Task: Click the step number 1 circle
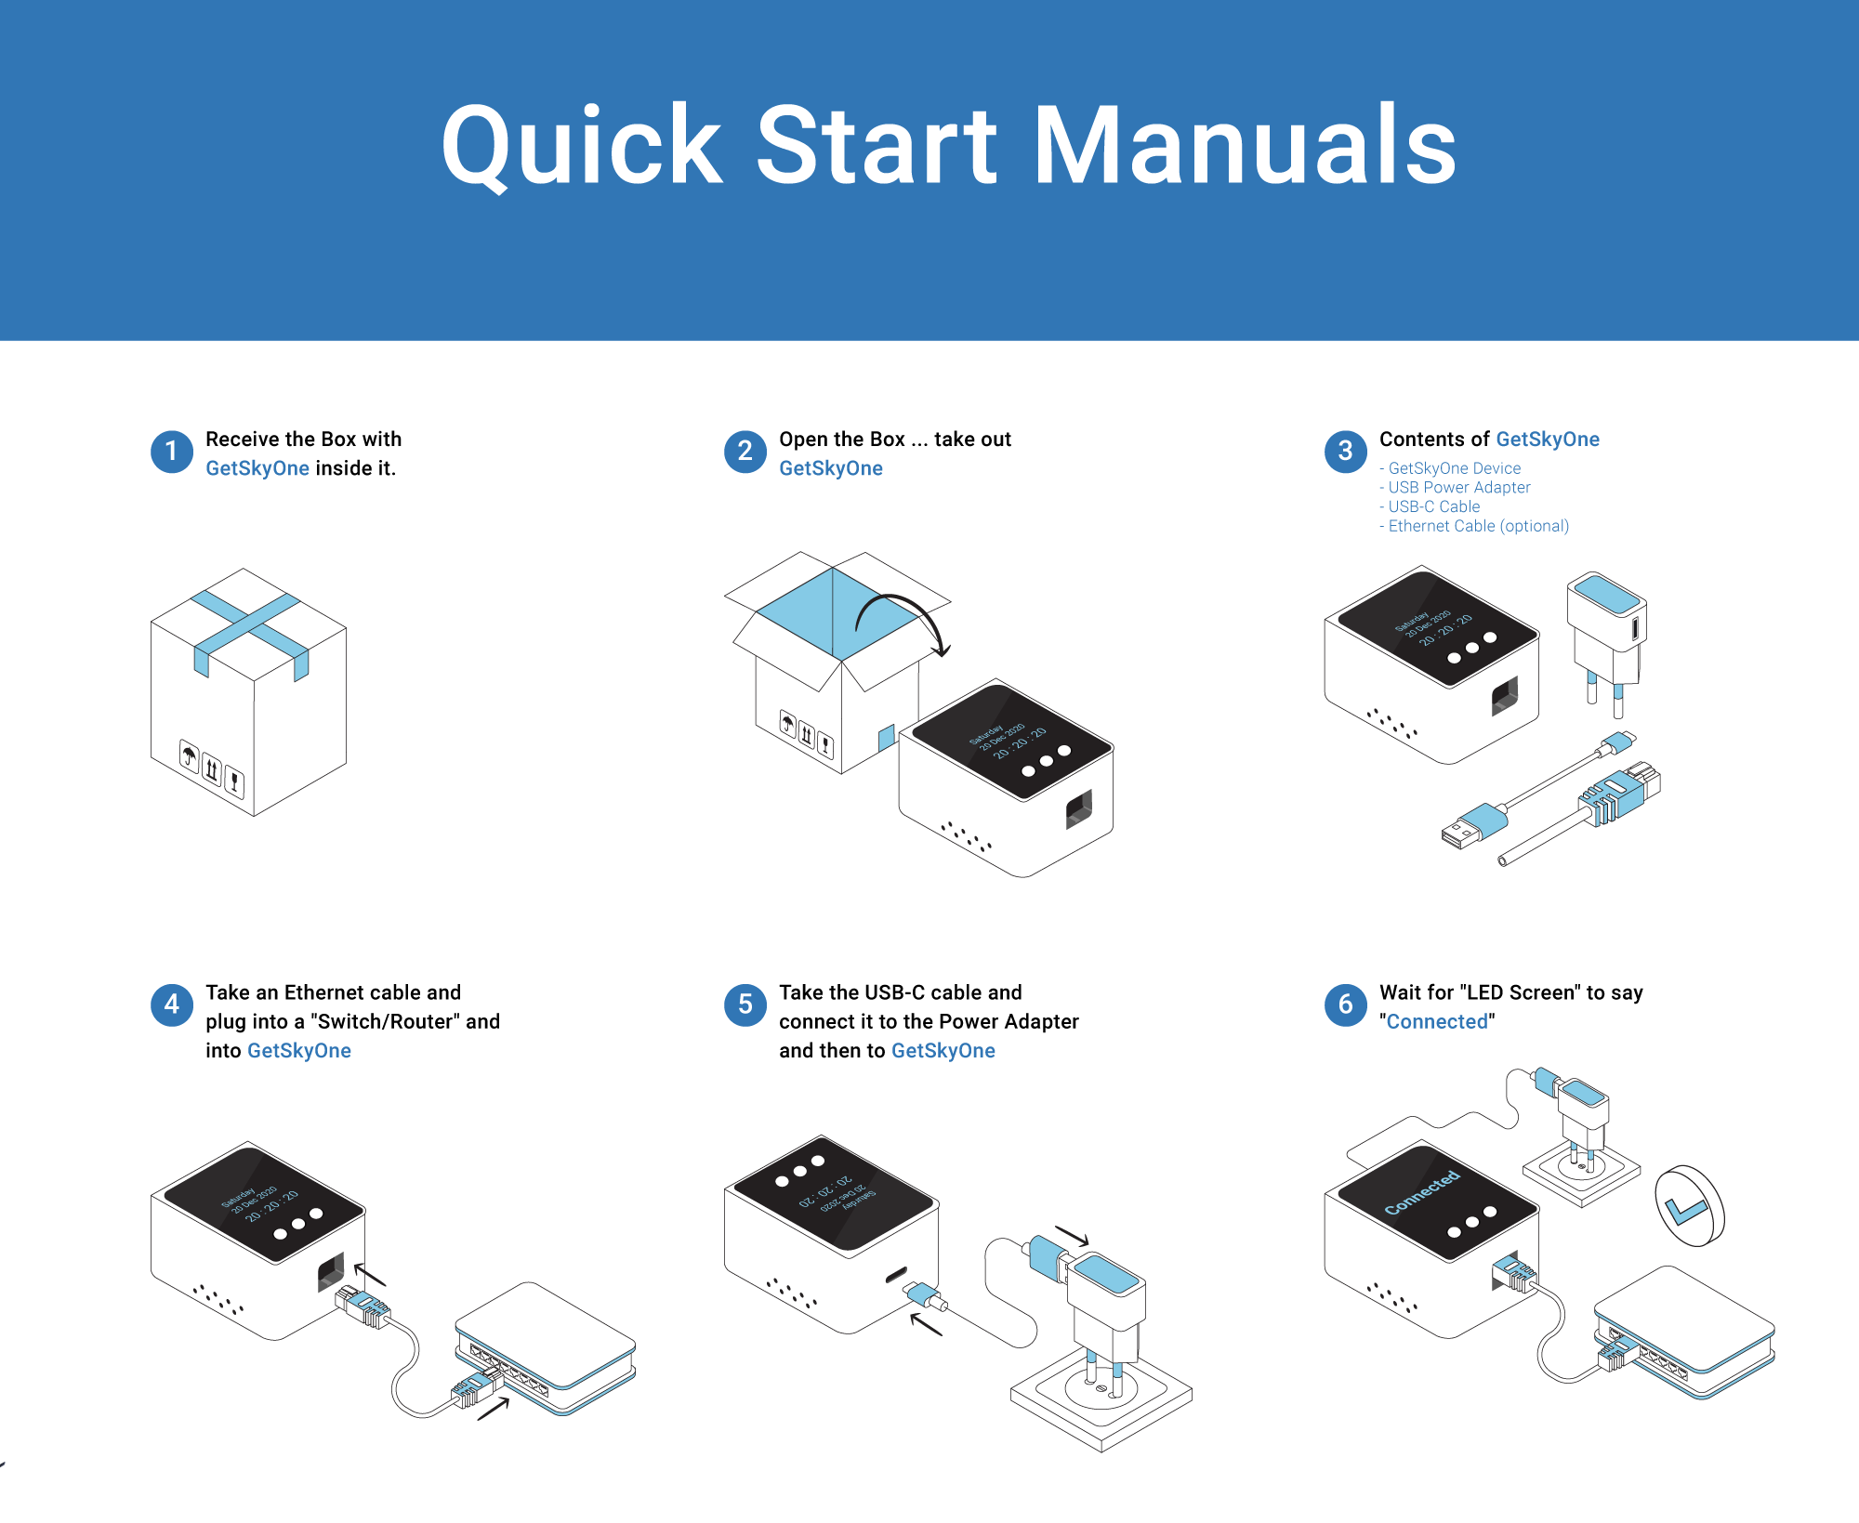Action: (x=171, y=452)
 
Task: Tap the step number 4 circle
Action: (x=171, y=1004)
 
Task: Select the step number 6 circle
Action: (x=1345, y=1004)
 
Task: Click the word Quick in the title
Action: (x=581, y=146)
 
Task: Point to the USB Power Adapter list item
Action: (x=1458, y=487)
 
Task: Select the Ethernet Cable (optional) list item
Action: (x=1478, y=526)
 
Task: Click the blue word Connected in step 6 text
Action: (x=1437, y=1021)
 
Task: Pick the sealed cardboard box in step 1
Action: (x=248, y=692)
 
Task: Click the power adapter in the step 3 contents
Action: (x=1606, y=632)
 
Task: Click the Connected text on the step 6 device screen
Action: (x=1422, y=1193)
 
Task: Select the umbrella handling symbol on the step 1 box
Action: (x=190, y=755)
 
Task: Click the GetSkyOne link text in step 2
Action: (x=830, y=468)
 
